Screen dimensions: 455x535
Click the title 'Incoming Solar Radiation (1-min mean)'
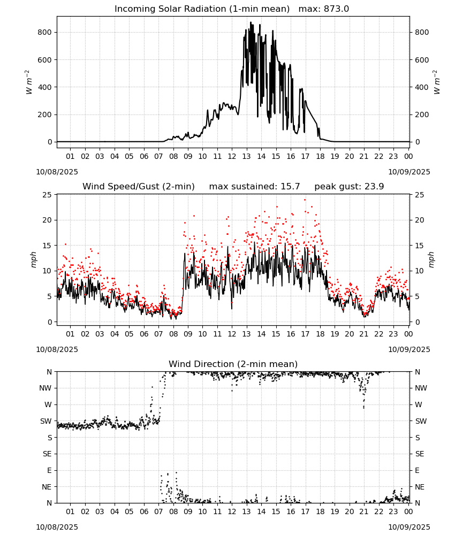(202, 9)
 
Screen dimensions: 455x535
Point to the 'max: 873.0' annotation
(324, 9)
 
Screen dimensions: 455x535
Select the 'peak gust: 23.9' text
(349, 187)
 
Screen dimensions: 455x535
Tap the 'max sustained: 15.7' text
(254, 187)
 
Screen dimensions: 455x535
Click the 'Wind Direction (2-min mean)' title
(233, 364)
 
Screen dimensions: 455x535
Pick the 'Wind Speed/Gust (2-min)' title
(139, 187)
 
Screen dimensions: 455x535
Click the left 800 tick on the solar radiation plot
(45, 33)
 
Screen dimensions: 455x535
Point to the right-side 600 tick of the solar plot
(422, 60)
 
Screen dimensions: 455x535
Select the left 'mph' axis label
(33, 259)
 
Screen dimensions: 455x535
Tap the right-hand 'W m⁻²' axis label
(437, 82)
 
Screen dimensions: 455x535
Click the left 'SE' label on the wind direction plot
(47, 454)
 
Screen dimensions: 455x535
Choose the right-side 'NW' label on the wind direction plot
(421, 388)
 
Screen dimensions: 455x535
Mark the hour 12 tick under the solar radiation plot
(232, 157)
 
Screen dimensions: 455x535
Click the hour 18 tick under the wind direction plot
(320, 512)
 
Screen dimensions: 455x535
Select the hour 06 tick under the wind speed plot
(144, 334)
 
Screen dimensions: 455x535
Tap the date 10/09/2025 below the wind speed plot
(409, 350)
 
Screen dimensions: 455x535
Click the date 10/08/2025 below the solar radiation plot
(57, 172)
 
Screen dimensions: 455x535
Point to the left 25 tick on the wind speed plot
(48, 195)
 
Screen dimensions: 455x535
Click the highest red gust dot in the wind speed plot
(305, 200)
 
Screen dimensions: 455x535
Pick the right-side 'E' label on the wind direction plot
(417, 471)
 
